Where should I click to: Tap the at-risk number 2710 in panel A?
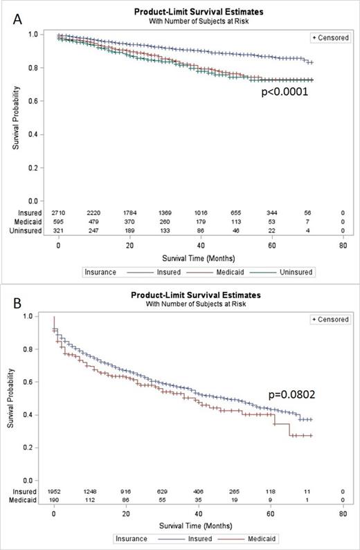pyautogui.click(x=59, y=207)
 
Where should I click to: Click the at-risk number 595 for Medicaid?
pyautogui.click(x=59, y=214)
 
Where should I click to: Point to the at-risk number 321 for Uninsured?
pyautogui.click(x=59, y=223)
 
